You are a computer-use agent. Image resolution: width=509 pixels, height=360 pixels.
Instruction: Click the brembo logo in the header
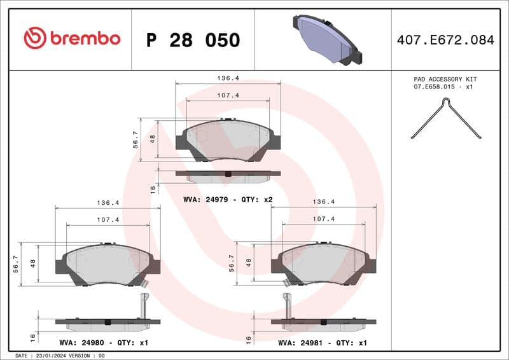[x=71, y=39]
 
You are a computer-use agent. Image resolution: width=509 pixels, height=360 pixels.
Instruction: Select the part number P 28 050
[x=193, y=40]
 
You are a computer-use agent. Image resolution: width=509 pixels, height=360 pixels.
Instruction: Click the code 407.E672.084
[x=445, y=40]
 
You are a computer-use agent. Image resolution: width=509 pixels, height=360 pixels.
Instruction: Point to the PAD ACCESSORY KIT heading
[x=445, y=79]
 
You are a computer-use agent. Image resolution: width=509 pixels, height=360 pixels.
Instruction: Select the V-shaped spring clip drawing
[x=445, y=118]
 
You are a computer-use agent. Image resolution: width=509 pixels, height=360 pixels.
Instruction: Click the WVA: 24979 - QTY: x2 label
[x=227, y=200]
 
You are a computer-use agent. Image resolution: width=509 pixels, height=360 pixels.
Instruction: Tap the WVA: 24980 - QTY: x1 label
[x=104, y=342]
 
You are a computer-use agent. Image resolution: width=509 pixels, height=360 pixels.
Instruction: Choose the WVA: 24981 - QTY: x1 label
[x=323, y=342]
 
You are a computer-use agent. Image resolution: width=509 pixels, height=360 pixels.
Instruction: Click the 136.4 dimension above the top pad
[x=227, y=78]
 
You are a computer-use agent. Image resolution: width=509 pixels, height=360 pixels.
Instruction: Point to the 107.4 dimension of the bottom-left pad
[x=108, y=219]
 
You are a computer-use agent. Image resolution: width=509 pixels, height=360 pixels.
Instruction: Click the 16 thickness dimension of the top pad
[x=153, y=189]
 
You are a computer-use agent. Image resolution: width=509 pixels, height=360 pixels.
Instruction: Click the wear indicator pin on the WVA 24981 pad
[x=287, y=305]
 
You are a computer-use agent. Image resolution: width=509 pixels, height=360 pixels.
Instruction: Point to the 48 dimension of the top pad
[x=153, y=138]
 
